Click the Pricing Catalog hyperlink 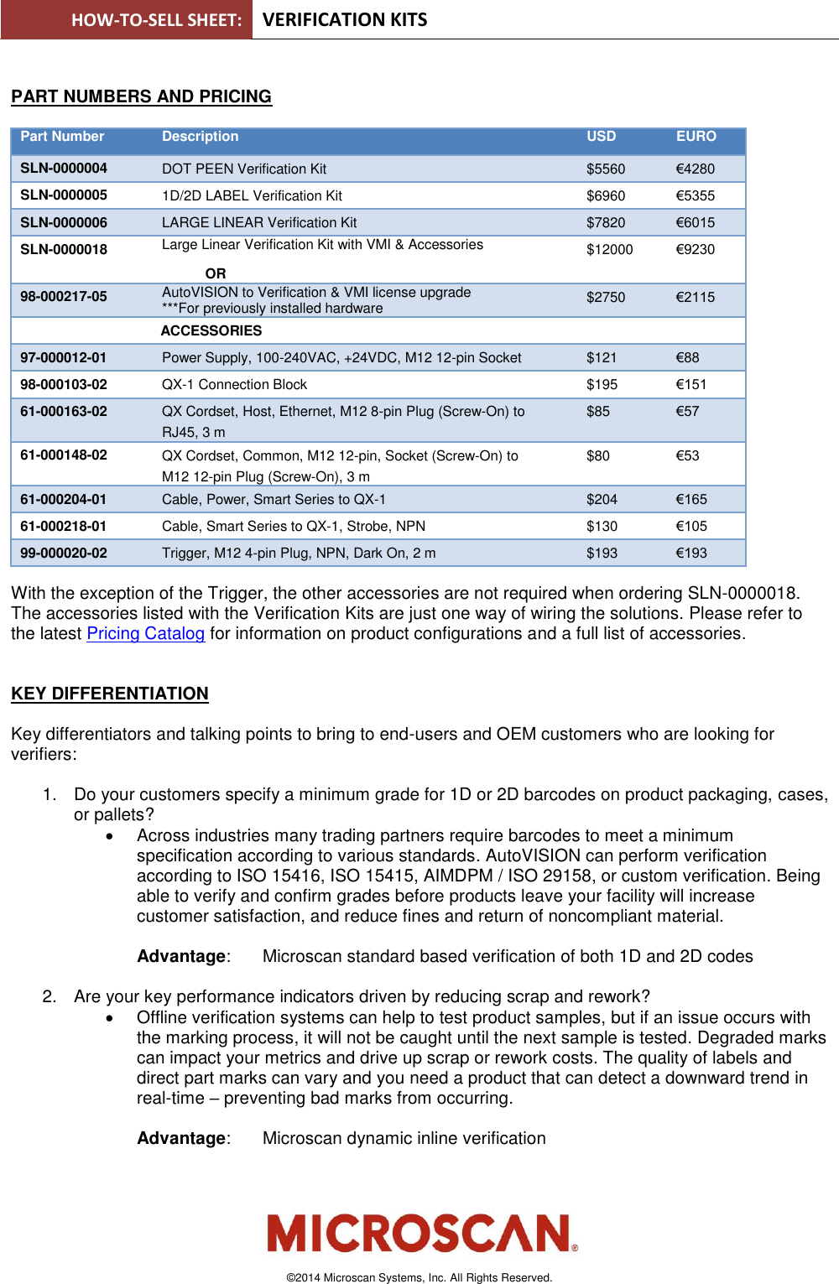click(x=146, y=634)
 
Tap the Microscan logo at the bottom click(x=422, y=1234)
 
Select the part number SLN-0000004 click(x=64, y=169)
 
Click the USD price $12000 click(x=609, y=250)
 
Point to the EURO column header click(x=696, y=137)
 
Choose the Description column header click(x=200, y=137)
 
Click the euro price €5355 click(x=695, y=196)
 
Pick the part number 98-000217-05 click(x=64, y=297)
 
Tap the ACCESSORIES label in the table click(x=211, y=331)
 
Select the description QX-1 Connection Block click(x=234, y=385)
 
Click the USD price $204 click(x=602, y=500)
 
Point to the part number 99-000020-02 click(x=64, y=554)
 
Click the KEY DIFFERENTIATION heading click(x=110, y=694)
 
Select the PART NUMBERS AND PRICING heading click(x=141, y=97)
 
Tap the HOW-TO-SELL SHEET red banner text click(x=156, y=20)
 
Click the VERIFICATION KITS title click(x=345, y=20)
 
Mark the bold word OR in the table click(x=216, y=274)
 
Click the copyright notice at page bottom click(x=419, y=1278)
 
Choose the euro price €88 click(x=687, y=358)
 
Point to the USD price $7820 click(x=605, y=223)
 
